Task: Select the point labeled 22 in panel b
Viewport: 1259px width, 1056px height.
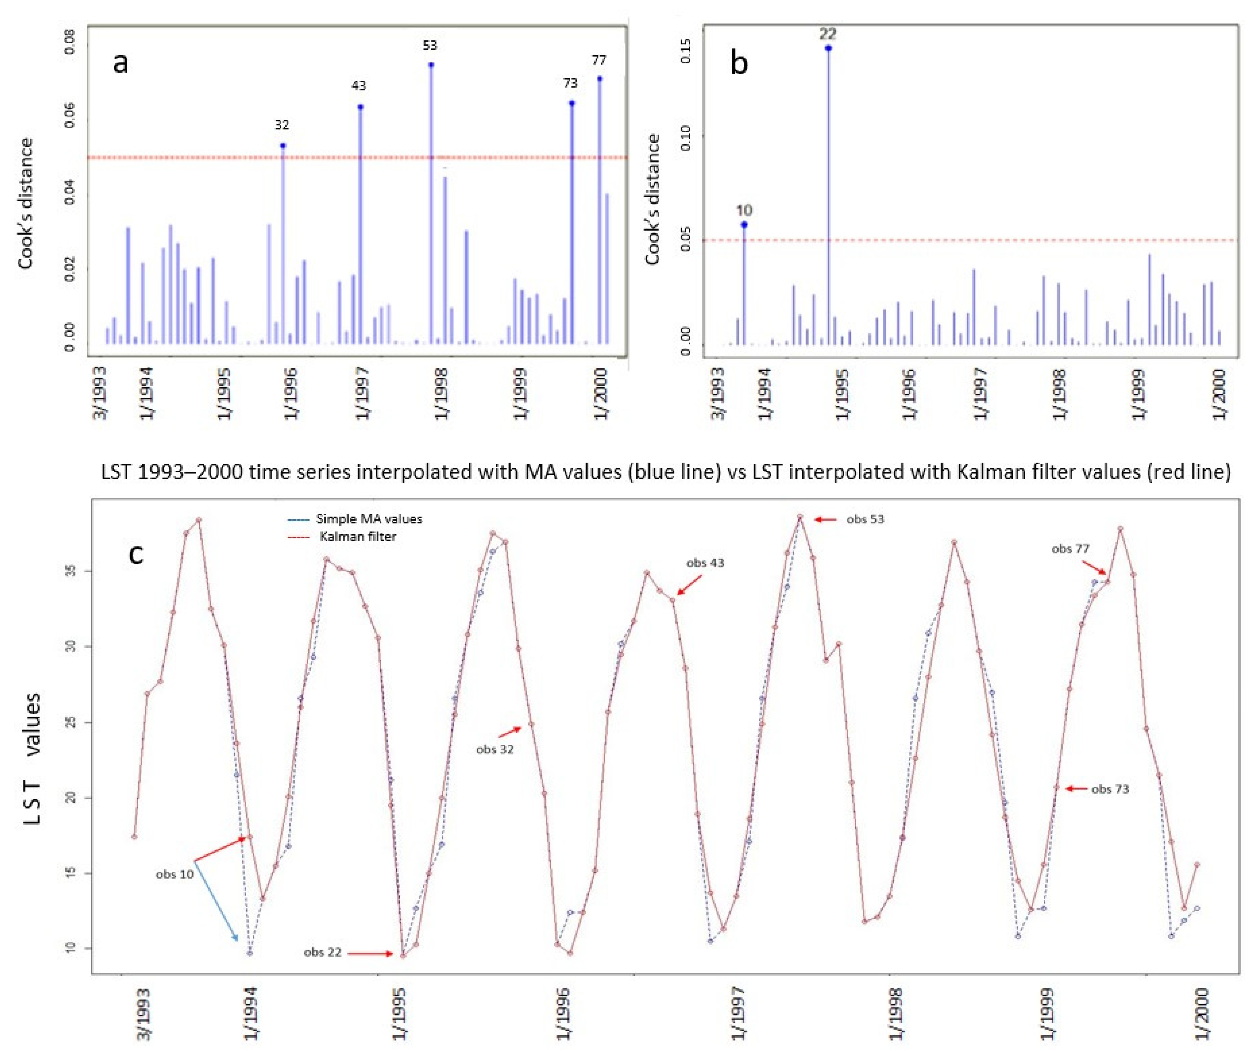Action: [828, 48]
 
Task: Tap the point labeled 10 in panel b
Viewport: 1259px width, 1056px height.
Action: [744, 225]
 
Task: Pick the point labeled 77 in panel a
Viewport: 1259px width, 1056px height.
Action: [600, 79]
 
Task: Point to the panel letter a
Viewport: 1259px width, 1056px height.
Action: [120, 62]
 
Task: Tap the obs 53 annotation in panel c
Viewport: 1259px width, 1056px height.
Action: [865, 520]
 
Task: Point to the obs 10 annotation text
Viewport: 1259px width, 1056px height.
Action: [175, 875]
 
